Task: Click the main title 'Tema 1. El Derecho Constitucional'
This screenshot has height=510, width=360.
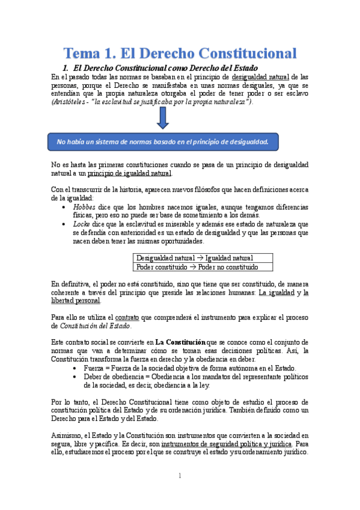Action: click(180, 52)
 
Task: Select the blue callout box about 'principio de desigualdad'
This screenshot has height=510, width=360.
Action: click(162, 142)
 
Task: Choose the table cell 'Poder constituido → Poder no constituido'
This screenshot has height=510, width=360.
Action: click(197, 267)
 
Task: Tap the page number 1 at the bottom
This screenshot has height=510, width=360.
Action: click(180, 476)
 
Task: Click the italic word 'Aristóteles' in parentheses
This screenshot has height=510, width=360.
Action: click(72, 102)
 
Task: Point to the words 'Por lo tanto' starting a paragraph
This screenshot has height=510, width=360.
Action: click(69, 401)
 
